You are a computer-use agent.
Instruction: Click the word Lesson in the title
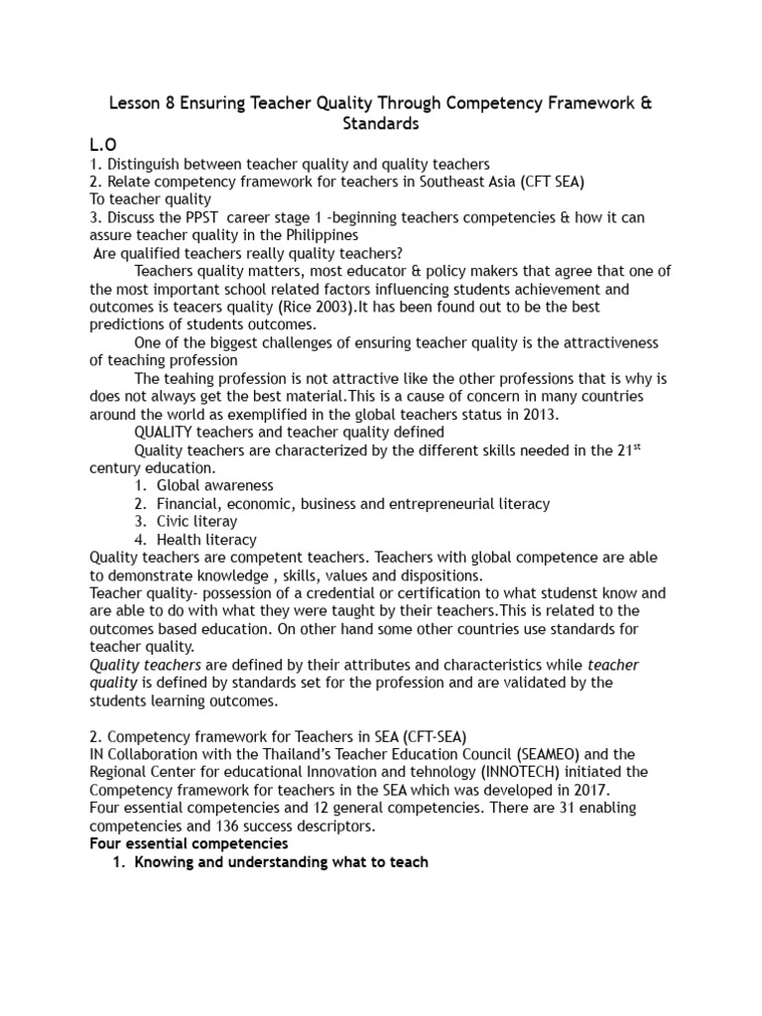point(134,105)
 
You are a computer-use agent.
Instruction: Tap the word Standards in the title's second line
point(380,125)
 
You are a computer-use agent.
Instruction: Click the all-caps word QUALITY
point(167,432)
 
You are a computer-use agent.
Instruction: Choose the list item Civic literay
point(197,521)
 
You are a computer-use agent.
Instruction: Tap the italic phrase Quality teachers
point(145,665)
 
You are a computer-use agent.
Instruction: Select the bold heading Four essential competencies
point(189,842)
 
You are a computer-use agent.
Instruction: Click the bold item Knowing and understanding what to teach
point(282,861)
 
